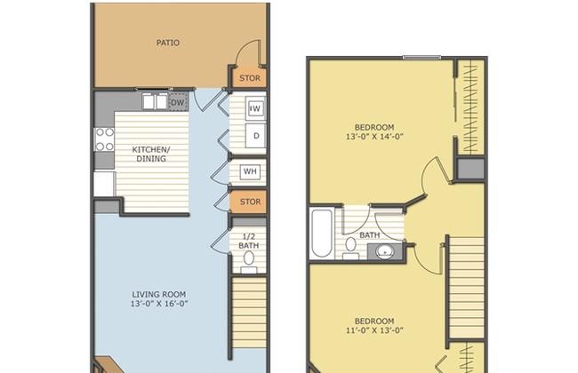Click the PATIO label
tap(168, 43)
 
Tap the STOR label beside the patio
tap(250, 78)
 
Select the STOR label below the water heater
tap(250, 202)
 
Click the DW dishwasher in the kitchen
tap(178, 102)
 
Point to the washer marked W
tap(255, 108)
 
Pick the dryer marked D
tap(256, 136)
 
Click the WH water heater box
tap(250, 171)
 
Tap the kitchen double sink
tap(155, 101)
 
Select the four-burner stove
tap(105, 139)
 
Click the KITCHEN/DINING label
tap(151, 155)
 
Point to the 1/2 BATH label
tap(248, 241)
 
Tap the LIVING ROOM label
tap(159, 295)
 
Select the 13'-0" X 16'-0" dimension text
tap(159, 304)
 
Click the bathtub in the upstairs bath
tap(323, 233)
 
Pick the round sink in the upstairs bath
tap(385, 252)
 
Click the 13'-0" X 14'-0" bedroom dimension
tap(374, 137)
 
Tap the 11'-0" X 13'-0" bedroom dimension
tap(374, 330)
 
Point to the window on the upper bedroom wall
tap(421, 58)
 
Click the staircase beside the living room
tap(249, 313)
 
